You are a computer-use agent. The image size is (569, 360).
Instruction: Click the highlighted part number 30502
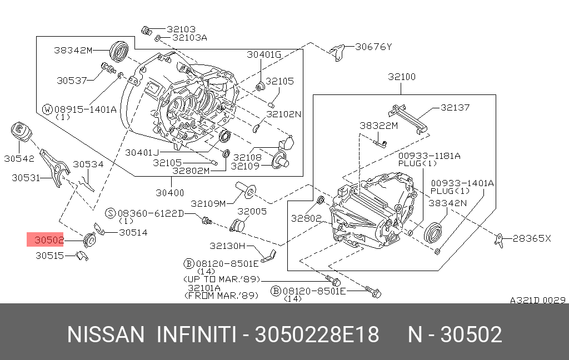pyautogui.click(x=49, y=241)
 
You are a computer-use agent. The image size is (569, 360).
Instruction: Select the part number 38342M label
pyautogui.click(x=73, y=50)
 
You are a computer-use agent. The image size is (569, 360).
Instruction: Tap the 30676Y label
pyautogui.click(x=373, y=47)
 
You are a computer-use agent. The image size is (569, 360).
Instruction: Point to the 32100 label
pyautogui.click(x=402, y=77)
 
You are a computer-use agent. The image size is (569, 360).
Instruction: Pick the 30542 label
pyautogui.click(x=19, y=158)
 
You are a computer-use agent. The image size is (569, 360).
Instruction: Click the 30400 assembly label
pyautogui.click(x=169, y=193)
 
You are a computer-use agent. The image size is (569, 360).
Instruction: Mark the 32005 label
pyautogui.click(x=252, y=212)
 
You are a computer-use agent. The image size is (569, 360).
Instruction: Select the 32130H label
pyautogui.click(x=227, y=246)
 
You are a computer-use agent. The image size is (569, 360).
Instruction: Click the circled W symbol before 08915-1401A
pyautogui.click(x=48, y=109)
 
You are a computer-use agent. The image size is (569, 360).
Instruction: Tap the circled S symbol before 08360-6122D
pyautogui.click(x=110, y=213)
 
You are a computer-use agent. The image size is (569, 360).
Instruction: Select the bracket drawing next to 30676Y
pyautogui.click(x=337, y=51)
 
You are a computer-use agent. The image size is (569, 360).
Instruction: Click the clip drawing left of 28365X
pyautogui.click(x=500, y=240)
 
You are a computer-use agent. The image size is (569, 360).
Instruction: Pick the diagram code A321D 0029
pyautogui.click(x=537, y=300)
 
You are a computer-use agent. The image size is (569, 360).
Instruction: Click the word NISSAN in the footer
pyautogui.click(x=105, y=334)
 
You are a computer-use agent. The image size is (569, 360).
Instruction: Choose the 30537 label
pyautogui.click(x=72, y=80)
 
